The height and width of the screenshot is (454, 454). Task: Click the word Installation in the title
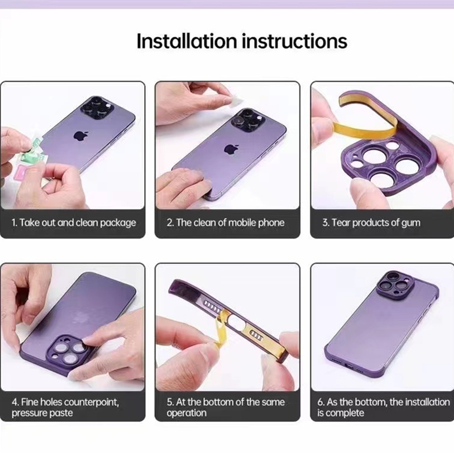point(187,41)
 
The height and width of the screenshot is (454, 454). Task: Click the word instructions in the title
point(295,41)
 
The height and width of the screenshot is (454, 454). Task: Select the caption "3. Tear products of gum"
point(371,222)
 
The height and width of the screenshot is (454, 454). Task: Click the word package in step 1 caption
point(118,223)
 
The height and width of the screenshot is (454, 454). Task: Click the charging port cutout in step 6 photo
point(350,366)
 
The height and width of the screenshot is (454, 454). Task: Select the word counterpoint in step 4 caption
point(91,402)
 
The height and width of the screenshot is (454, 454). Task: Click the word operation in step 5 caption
point(187,413)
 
